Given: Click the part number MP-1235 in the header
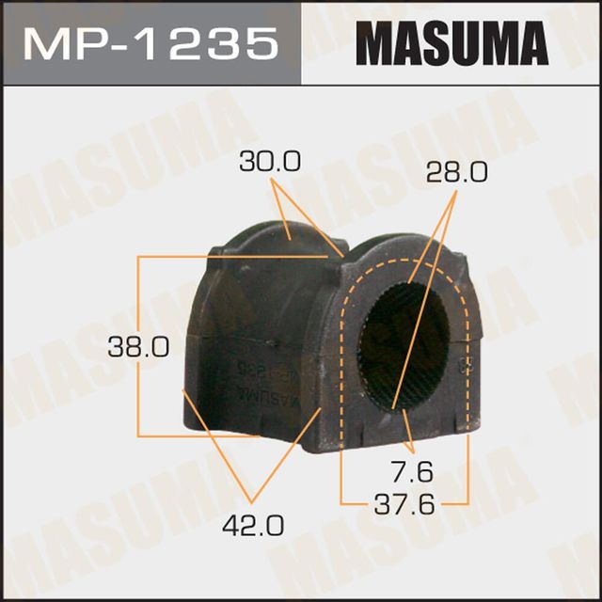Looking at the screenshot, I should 151,42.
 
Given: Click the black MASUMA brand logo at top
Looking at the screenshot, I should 451,43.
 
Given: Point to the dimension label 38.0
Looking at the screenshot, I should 139,347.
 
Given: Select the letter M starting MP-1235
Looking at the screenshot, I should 44,42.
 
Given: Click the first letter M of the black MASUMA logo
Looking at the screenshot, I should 372,43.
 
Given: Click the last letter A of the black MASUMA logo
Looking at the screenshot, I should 531,43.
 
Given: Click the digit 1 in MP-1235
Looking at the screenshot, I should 155,42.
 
